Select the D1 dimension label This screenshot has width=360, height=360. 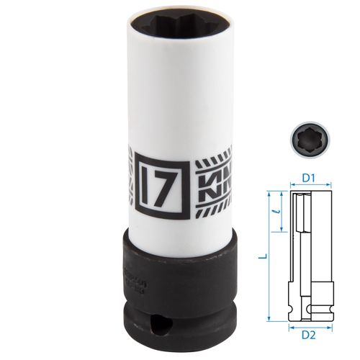click(x=310, y=176)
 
